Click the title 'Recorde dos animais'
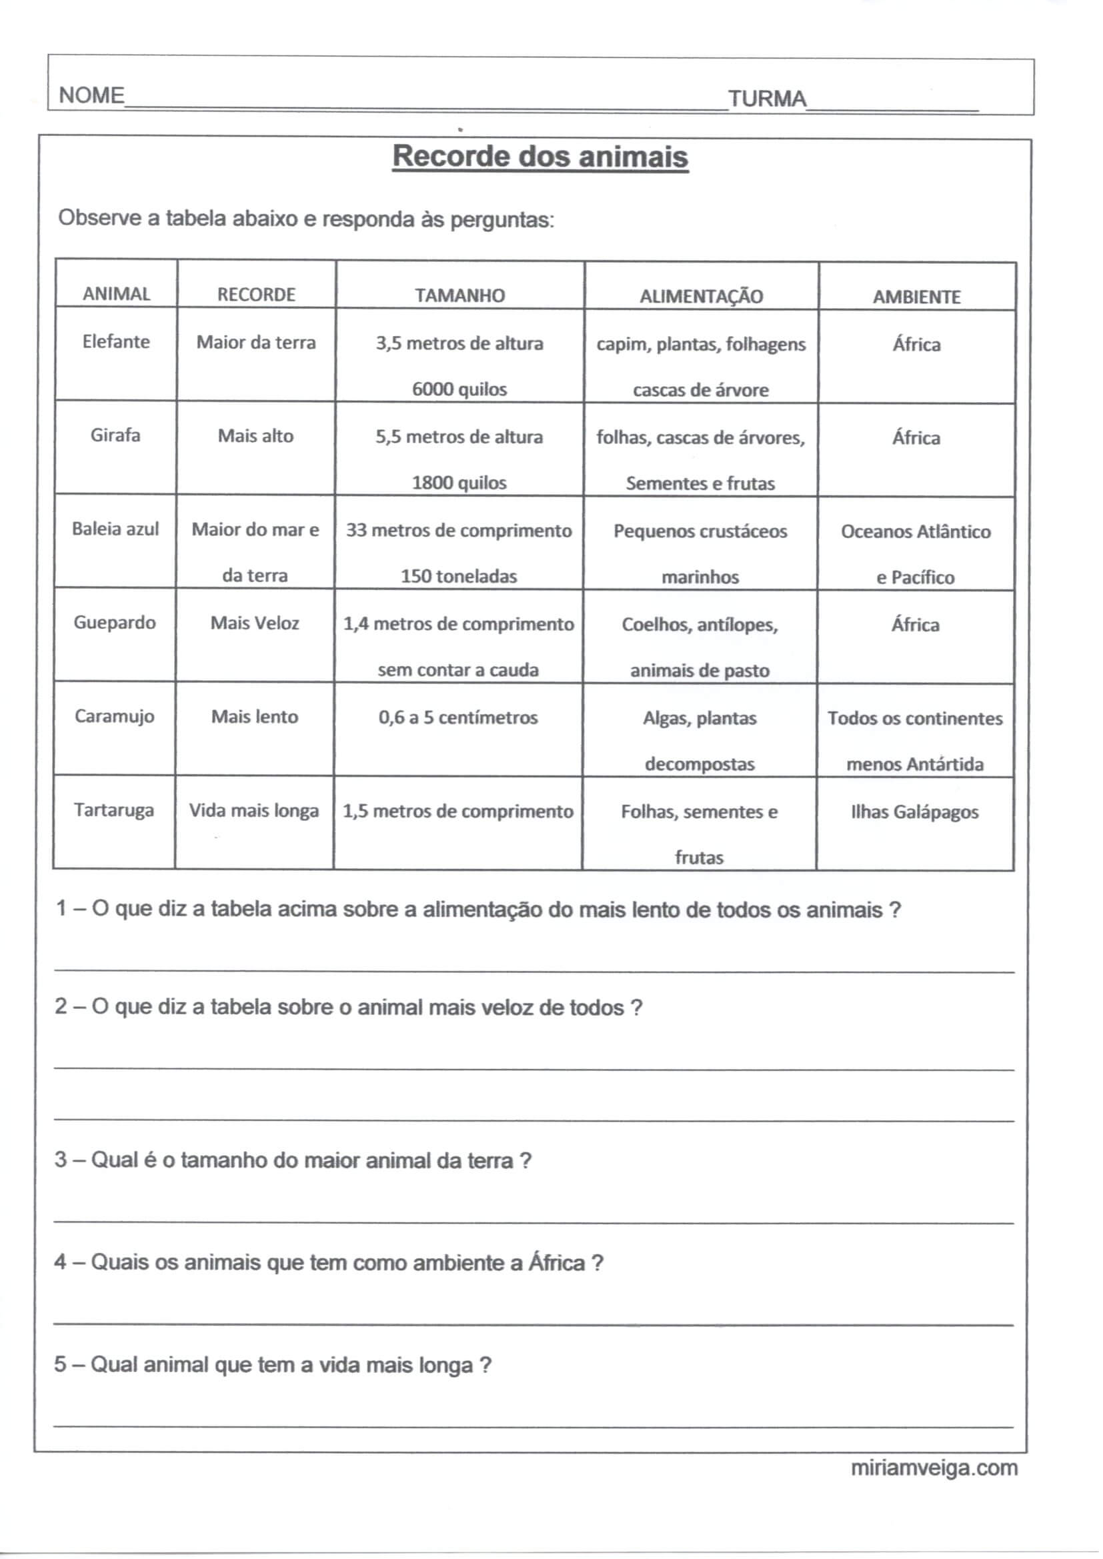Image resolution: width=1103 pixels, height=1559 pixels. [540, 157]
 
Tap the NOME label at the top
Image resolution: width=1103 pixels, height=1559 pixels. [91, 96]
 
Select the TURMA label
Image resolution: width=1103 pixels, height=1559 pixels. [767, 99]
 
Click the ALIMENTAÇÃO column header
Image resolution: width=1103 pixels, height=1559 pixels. [701, 297]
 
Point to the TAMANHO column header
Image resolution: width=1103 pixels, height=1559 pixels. [460, 295]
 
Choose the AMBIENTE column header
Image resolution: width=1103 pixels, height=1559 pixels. [916, 297]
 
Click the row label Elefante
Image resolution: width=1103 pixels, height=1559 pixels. [116, 341]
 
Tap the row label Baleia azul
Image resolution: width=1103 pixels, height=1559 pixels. [115, 529]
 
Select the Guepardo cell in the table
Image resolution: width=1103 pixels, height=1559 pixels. [115, 623]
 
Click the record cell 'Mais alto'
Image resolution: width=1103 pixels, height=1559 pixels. [255, 436]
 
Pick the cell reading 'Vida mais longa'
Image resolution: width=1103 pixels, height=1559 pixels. [254, 811]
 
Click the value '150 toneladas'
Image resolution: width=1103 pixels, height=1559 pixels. [458, 577]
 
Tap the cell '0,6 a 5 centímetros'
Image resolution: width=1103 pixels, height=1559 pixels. [458, 717]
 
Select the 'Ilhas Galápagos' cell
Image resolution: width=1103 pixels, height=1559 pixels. [915, 812]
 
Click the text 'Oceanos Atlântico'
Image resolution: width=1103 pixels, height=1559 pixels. [916, 531]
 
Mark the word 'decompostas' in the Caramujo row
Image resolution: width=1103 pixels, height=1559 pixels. [700, 765]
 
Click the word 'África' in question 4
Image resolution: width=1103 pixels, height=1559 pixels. [557, 1263]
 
